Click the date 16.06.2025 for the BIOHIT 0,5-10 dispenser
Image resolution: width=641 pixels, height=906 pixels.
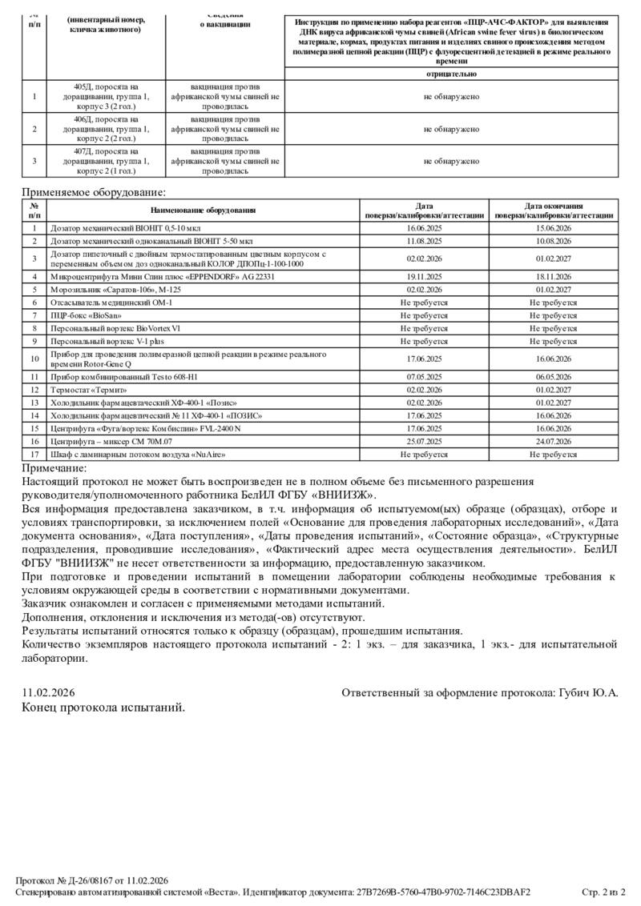point(424,228)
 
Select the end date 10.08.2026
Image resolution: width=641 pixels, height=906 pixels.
point(553,240)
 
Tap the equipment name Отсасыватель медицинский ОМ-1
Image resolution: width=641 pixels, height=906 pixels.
point(111,303)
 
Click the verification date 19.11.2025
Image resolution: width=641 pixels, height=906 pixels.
point(424,276)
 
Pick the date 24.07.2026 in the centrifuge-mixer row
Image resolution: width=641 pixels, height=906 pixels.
point(553,441)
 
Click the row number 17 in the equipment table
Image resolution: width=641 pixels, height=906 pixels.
point(34,455)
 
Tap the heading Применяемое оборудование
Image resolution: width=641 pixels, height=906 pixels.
point(95,192)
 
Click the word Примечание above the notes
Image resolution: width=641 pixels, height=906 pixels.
point(54,468)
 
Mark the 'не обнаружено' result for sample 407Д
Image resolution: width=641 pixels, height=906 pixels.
point(452,161)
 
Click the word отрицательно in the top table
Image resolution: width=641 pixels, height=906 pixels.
point(452,74)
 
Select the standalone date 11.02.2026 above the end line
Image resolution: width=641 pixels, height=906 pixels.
point(49,692)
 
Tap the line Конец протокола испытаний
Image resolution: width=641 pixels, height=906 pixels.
point(103,707)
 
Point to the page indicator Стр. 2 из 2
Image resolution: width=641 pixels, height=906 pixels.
point(603,892)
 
